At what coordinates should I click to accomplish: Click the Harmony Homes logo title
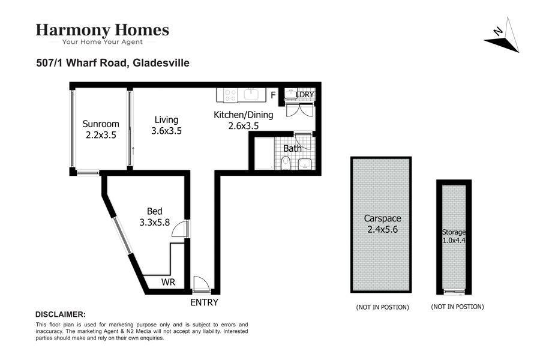click(102, 31)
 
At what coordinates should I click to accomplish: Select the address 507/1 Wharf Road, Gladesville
click(113, 62)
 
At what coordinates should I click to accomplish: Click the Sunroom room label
click(101, 124)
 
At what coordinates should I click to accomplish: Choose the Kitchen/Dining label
click(244, 115)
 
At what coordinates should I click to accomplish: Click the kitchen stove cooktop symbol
click(230, 95)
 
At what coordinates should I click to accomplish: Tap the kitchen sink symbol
click(253, 94)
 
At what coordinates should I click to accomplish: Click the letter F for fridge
click(273, 95)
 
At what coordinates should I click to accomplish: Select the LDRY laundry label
click(305, 95)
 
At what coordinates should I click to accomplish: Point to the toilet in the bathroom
click(286, 163)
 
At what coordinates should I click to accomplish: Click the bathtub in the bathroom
click(264, 153)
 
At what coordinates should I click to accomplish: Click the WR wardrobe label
click(168, 282)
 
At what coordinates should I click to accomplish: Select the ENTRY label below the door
click(204, 302)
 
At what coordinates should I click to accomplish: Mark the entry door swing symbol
click(201, 284)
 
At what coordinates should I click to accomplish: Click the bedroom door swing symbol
click(179, 229)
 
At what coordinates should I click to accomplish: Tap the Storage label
click(454, 232)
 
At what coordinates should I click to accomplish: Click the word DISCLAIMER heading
click(61, 314)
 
